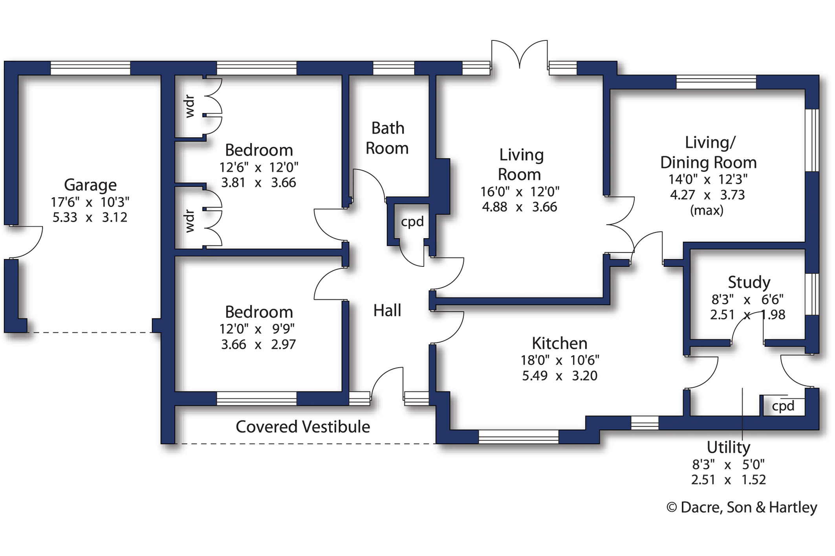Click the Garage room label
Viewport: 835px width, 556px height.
pos(90,185)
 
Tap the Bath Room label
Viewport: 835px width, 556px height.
pos(387,138)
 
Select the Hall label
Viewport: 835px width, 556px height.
pos(387,310)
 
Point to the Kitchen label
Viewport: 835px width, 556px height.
pos(560,343)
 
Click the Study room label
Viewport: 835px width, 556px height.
pos(749,282)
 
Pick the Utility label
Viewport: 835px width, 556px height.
pos(729,447)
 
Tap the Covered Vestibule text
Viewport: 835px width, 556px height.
pos(303,427)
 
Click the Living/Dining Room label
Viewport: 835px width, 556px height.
pos(709,152)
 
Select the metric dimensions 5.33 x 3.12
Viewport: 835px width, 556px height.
pos(90,217)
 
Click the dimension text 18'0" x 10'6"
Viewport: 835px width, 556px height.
pos(560,360)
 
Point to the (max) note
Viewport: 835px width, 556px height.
pos(707,211)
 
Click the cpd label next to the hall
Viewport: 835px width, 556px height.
pos(412,222)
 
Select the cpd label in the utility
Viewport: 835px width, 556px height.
pos(783,406)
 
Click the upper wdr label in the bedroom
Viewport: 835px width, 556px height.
pos(190,106)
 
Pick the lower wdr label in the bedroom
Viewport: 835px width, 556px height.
pos(190,221)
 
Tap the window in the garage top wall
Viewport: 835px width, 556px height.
pos(90,68)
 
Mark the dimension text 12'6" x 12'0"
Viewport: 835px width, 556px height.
pos(259,168)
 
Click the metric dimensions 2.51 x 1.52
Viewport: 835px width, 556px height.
pos(729,480)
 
